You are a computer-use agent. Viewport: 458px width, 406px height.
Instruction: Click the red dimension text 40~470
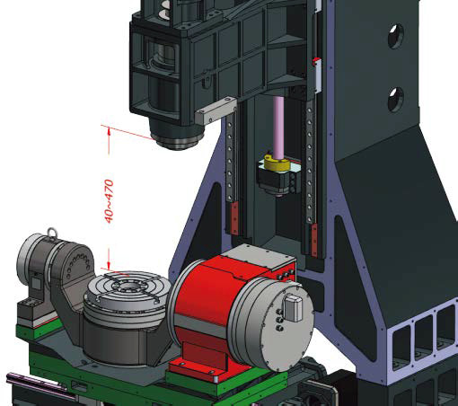[110, 201]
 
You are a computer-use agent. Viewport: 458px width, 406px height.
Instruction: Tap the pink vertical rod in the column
[278, 128]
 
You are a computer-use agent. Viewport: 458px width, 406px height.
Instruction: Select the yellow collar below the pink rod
[277, 163]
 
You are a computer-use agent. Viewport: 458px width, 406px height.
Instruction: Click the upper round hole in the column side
[395, 36]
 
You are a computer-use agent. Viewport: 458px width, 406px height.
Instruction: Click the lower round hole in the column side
[395, 100]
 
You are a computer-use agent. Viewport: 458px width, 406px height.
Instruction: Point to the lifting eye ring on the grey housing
[52, 232]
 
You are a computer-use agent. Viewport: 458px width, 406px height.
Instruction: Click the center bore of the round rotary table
[128, 288]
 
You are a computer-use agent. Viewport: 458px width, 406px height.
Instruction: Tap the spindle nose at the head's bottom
[177, 141]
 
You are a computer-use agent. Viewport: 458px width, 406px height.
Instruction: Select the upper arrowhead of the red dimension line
[109, 131]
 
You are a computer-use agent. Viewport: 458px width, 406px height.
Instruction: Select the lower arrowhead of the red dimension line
[109, 265]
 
